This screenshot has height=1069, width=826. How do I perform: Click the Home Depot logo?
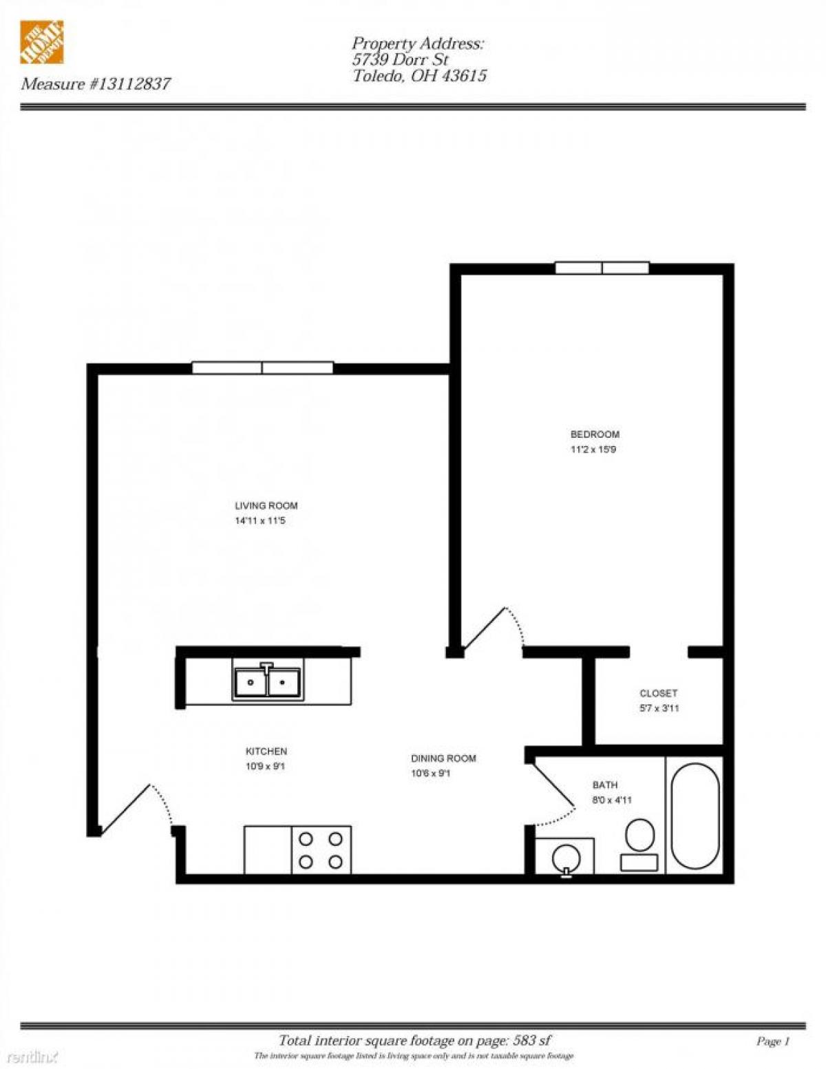[42, 42]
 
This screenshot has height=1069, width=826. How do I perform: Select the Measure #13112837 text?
[96, 84]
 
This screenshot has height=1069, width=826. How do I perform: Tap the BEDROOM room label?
[595, 434]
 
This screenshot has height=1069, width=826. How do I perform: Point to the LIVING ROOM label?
[266, 505]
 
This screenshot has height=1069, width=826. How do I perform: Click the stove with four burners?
[321, 850]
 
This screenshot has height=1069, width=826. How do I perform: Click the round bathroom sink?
[566, 858]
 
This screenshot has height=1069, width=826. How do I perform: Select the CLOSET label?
[658, 693]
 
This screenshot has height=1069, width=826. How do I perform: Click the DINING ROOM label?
[443, 759]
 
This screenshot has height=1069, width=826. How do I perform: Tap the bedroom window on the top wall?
[602, 268]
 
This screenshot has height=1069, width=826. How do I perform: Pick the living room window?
[262, 368]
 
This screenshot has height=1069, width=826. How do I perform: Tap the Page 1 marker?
[772, 1041]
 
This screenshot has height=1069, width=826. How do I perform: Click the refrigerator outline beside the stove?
[268, 850]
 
